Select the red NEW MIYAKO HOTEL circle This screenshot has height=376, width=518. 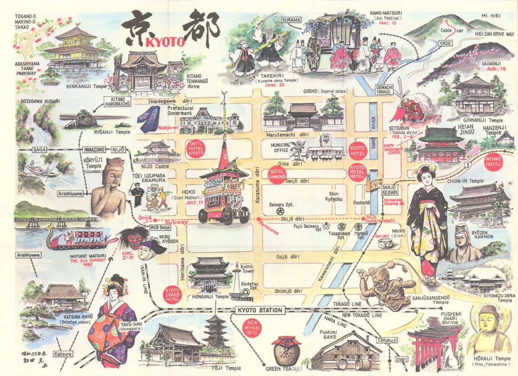pos(252,328)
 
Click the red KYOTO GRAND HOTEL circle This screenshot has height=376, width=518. pos(172,294)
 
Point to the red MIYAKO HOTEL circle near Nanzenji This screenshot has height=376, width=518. pos(493,162)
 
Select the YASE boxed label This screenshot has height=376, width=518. pos(445,43)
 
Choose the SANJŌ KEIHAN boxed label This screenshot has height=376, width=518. pos(390,190)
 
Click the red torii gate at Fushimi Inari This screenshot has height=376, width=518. pos(426,346)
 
